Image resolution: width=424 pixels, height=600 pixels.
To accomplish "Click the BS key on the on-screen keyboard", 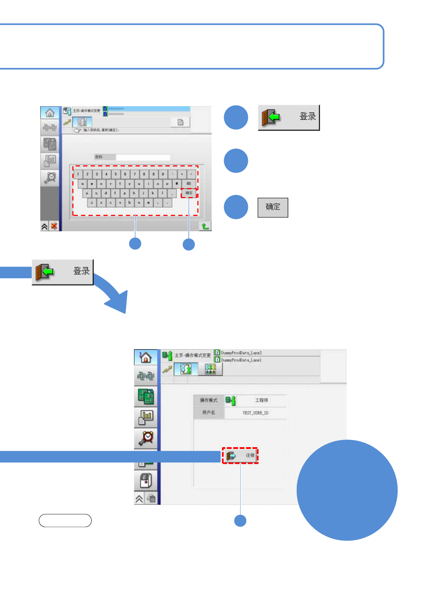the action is tap(189, 183).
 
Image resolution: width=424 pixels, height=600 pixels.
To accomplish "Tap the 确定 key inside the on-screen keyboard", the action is tap(189, 193).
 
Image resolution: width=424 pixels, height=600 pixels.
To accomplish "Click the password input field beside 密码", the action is tap(143, 157).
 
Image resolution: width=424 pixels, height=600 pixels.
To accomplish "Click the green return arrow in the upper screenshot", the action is tap(205, 226).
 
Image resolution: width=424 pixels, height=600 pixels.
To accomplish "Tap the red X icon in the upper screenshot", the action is tap(54, 226).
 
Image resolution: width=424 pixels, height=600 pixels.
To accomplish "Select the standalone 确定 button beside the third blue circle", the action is tap(273, 207).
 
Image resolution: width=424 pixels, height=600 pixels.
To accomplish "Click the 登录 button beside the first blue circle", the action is tap(289, 117).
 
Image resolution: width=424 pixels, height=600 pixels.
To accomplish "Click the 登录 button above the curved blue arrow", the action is tap(63, 272).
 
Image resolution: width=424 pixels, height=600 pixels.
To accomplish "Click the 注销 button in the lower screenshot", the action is tap(240, 455).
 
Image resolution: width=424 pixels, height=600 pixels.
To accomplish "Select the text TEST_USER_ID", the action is tap(255, 413).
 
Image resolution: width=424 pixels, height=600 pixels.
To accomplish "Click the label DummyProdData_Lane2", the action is tap(241, 353).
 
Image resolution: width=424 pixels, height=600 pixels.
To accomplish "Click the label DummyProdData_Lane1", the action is tap(241, 360).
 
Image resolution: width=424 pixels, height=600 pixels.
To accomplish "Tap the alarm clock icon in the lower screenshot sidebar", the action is tap(146, 438).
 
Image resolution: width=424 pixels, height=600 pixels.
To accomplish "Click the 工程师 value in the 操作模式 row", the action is tap(262, 400).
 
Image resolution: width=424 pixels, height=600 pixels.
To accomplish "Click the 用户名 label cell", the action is tap(209, 413).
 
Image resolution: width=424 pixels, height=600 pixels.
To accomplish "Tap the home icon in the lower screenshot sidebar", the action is tap(146, 357).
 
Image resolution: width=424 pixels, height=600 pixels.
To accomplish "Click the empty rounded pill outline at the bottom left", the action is tap(65, 521).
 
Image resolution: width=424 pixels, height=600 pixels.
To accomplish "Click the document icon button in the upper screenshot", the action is tap(181, 122).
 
